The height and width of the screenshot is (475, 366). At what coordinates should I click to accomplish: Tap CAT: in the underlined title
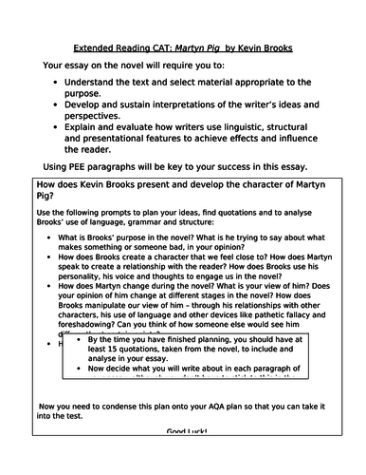click(159, 47)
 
